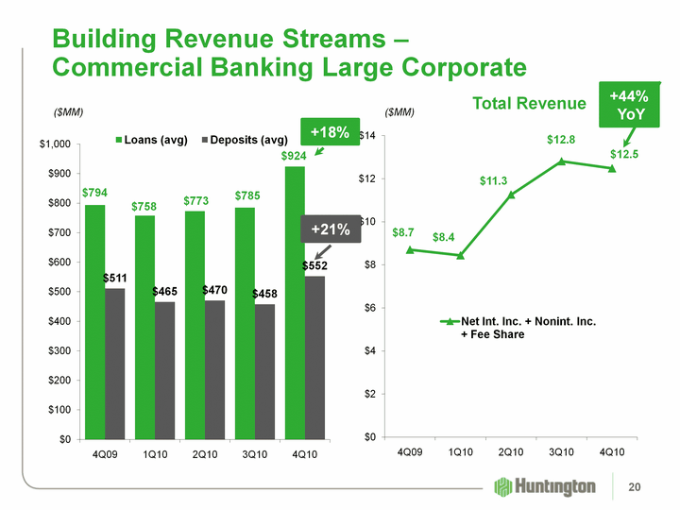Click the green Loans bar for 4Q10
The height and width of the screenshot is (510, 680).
(x=295, y=302)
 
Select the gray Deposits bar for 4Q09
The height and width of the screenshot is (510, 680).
(x=114, y=364)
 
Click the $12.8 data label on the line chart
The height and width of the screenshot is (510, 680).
(x=561, y=140)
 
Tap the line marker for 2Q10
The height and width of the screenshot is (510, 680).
(x=511, y=195)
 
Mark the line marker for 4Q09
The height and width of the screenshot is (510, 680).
(x=409, y=249)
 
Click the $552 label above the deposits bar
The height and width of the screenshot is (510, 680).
(x=314, y=266)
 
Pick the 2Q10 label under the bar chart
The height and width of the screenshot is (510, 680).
(x=206, y=455)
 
